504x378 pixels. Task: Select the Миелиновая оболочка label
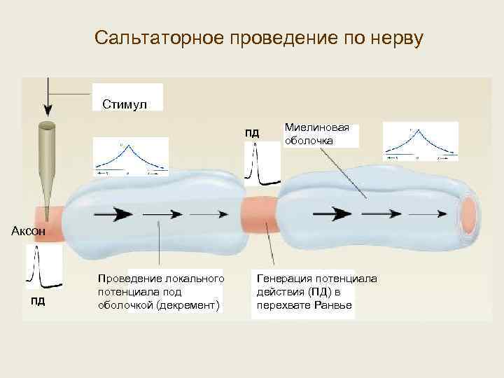coord(317,134)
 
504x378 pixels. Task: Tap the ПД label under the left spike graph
coord(38,302)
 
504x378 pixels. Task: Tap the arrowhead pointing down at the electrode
coord(48,110)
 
